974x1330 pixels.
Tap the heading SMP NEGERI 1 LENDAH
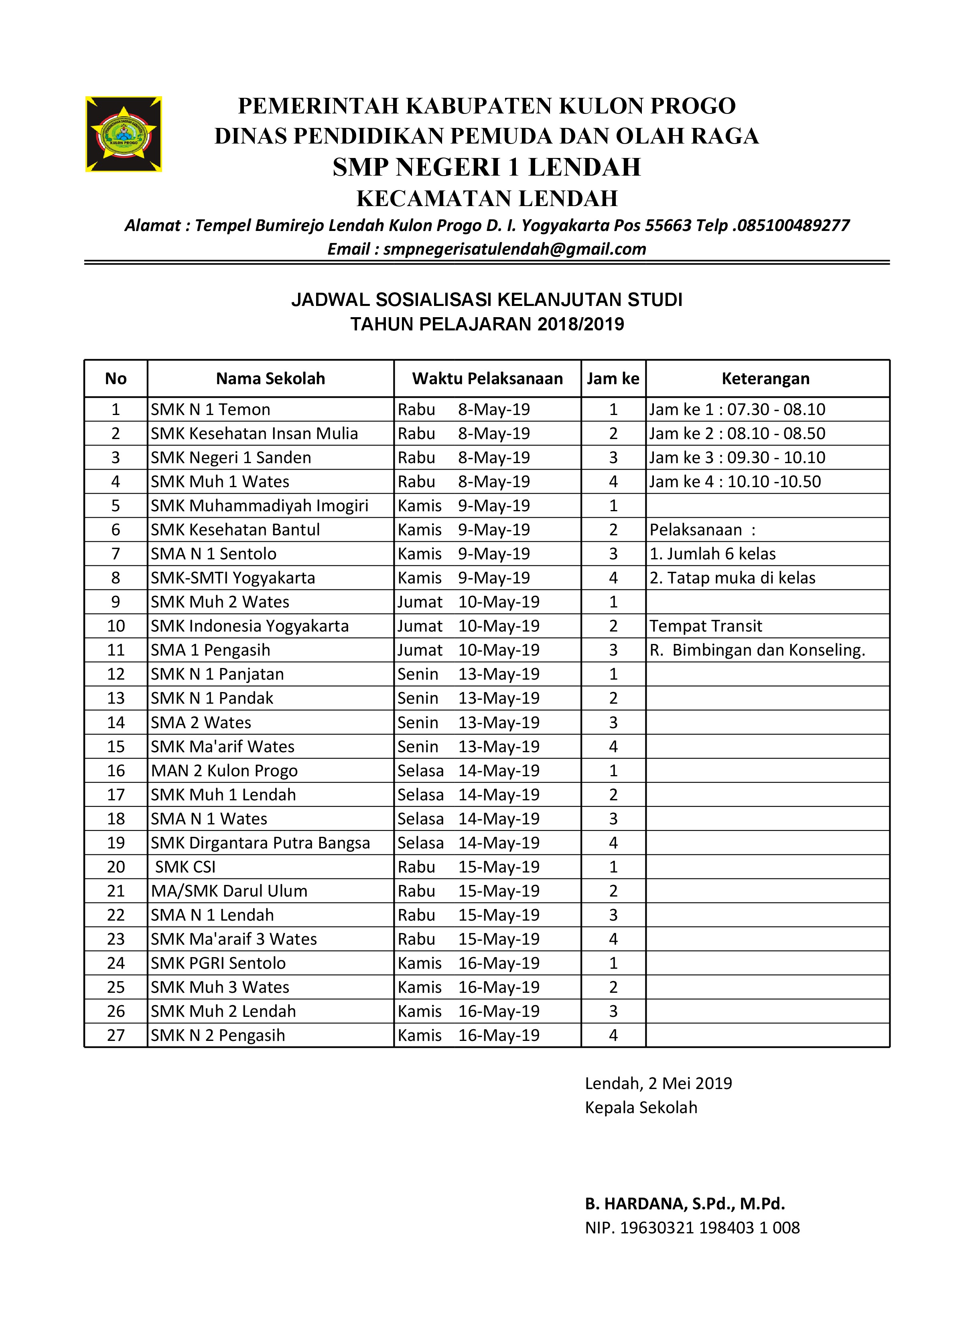487,167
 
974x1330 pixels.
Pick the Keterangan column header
765,379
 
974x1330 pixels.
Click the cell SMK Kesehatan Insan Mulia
254,434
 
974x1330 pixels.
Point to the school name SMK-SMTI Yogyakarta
233,578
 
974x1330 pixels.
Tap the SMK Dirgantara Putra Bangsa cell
260,843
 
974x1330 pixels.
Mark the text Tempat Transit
706,626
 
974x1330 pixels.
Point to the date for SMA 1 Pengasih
499,650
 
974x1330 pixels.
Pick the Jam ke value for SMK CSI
613,867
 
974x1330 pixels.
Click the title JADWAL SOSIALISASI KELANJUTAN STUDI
487,300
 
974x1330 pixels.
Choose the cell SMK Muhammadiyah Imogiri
260,506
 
